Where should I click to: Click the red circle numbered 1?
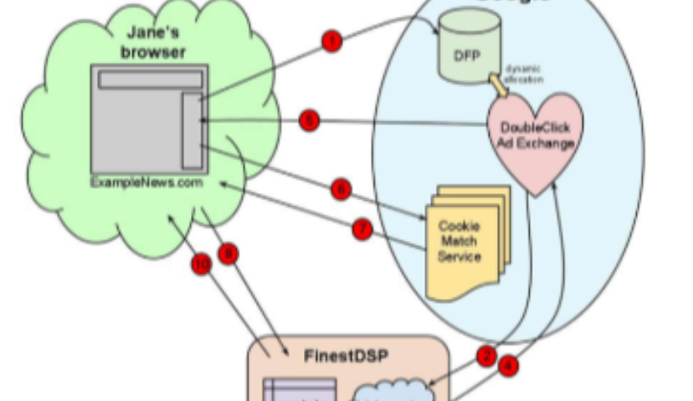click(x=332, y=42)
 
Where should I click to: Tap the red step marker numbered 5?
click(x=310, y=121)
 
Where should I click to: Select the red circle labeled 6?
click(x=340, y=190)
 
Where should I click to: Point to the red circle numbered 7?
click(x=362, y=229)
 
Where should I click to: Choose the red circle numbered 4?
click(x=508, y=365)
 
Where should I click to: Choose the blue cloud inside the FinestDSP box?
click(x=393, y=389)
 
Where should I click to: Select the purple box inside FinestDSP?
click(x=300, y=389)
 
